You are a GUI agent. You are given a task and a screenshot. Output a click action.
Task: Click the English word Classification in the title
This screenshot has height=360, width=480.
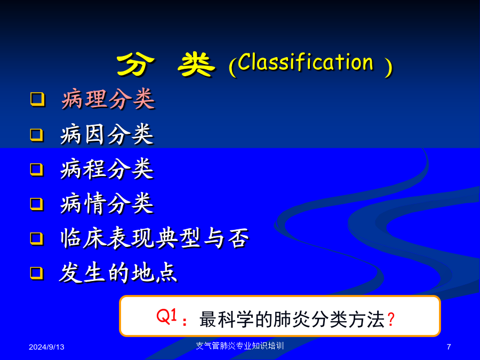[x=306, y=62]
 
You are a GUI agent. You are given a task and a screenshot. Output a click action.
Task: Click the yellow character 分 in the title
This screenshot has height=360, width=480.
[x=135, y=65]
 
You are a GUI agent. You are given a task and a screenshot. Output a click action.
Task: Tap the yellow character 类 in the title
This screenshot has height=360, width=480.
[x=196, y=65]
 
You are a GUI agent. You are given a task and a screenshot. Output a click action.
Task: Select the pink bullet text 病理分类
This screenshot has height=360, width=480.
[x=108, y=99]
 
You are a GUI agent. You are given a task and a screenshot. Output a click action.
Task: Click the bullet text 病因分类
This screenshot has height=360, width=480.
[x=107, y=134]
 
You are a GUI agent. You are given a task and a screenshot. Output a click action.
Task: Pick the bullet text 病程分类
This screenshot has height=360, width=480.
[x=107, y=169]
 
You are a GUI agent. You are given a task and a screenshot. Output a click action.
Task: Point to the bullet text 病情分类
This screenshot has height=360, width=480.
[x=107, y=203]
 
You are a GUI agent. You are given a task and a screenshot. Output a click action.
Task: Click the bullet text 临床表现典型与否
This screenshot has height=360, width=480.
[x=155, y=238]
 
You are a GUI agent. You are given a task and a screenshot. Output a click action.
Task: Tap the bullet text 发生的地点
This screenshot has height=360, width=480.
[x=118, y=273]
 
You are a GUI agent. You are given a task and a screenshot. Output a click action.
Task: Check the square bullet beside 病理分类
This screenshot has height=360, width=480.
[x=38, y=99]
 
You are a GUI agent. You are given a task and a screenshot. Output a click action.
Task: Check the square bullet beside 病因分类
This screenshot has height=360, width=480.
[x=37, y=135]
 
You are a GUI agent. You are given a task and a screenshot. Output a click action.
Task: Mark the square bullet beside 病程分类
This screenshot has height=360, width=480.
[x=37, y=169]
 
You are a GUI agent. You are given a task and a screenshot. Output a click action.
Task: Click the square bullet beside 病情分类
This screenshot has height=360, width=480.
[x=37, y=204]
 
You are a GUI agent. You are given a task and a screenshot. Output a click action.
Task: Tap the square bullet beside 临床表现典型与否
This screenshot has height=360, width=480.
[x=37, y=238]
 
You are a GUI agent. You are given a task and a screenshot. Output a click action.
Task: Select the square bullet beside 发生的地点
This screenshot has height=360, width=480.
[x=37, y=273]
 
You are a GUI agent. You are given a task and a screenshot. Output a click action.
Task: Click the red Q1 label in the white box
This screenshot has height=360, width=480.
[x=167, y=316]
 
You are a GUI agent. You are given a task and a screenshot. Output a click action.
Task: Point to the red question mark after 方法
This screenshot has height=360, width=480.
[x=391, y=319]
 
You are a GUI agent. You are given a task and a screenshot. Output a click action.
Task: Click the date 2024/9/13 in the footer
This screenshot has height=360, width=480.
[x=46, y=347]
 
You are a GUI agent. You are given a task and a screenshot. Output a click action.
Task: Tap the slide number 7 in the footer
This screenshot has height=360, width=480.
[x=449, y=347]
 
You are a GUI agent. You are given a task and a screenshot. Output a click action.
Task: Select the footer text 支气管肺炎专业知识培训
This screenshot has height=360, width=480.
[x=240, y=346]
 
